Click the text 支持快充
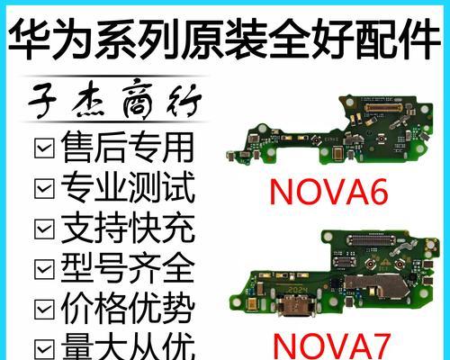click(126, 229)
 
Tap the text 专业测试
click(126, 188)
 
